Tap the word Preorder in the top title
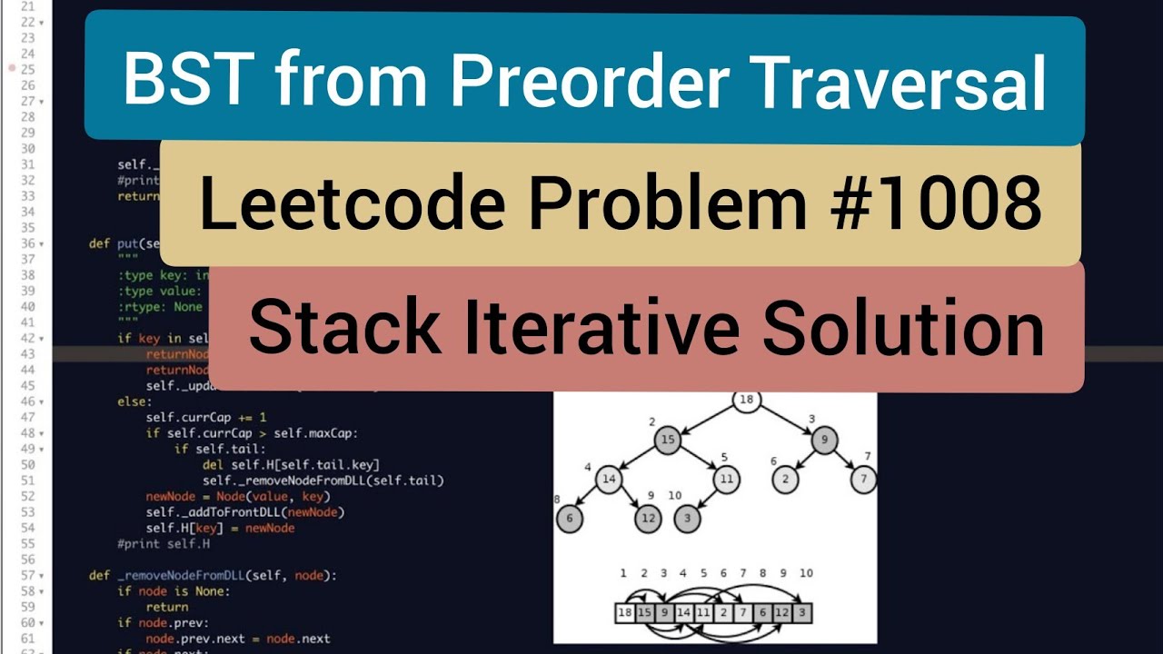589,81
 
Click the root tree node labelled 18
746,400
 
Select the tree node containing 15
666,440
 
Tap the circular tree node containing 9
824,440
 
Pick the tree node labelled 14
609,479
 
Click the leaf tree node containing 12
647,519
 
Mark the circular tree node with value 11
726,479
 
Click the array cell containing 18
625,613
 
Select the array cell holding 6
762,613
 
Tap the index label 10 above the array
805,573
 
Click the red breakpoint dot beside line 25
12,68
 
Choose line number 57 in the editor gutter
27,576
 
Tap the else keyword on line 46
131,401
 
